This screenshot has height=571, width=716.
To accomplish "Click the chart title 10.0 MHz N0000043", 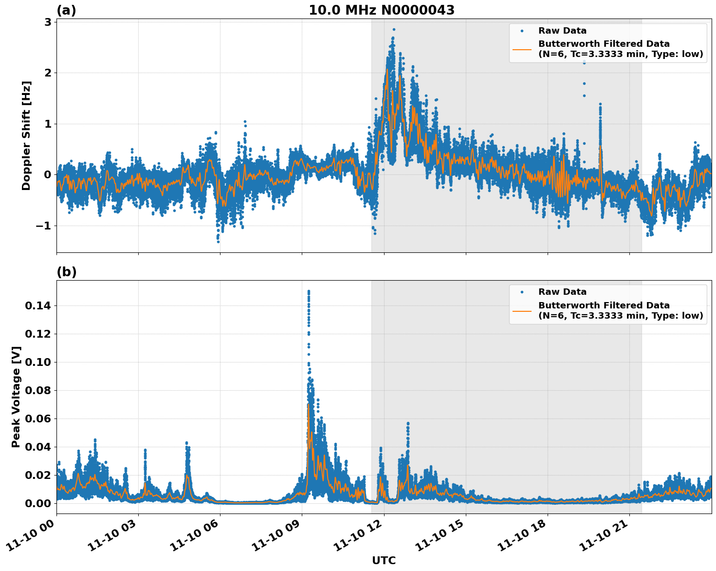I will point(382,10).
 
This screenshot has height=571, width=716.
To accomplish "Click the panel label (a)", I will point(66,10).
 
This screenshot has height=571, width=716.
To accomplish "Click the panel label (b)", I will point(66,272).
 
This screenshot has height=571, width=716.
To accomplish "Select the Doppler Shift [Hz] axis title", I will point(26,135).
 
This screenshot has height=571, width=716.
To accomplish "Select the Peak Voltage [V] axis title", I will point(16,397).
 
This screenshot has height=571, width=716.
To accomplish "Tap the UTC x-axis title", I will point(384,560).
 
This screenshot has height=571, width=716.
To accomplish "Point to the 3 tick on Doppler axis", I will point(48,22).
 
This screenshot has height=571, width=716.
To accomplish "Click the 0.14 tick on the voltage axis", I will point(37,306).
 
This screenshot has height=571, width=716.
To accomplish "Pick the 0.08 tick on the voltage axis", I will point(37,390).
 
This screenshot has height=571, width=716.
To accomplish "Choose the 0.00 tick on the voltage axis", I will point(37,503).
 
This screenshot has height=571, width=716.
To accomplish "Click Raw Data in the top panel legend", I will point(562,31).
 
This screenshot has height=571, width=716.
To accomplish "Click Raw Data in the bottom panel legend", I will point(562,292).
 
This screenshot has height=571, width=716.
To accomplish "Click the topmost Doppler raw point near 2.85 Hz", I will point(394,29).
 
